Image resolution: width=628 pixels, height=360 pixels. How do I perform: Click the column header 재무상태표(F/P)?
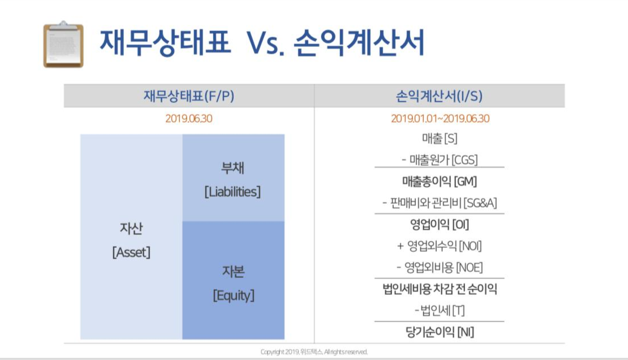pos(188,96)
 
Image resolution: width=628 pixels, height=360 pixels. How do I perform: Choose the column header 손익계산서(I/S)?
pos(439,96)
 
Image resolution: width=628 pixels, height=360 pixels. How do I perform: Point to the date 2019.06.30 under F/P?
pos(189,119)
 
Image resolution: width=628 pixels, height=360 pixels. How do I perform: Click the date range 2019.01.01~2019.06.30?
pos(440,119)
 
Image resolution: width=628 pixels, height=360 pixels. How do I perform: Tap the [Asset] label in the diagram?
pos(131,252)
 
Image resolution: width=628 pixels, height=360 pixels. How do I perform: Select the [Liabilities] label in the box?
pos(233,192)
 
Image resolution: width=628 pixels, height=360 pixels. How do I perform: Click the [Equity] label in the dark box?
pos(233,295)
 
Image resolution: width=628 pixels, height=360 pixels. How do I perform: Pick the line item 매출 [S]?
pos(439,138)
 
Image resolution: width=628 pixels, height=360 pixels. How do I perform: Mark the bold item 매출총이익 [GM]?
pos(439,182)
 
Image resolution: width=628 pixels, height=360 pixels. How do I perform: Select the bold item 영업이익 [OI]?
pos(439,225)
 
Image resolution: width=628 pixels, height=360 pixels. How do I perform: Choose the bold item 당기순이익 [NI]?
pos(439,332)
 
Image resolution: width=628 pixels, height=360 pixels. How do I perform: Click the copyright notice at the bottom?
pos(314,352)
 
